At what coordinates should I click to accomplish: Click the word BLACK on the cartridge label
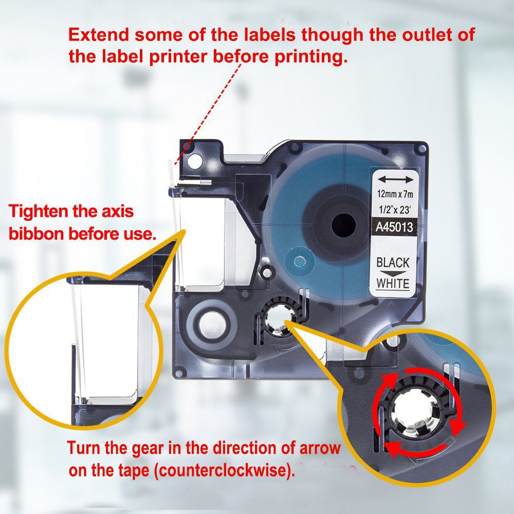click(x=393, y=263)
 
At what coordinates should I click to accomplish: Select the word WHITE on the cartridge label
click(x=393, y=283)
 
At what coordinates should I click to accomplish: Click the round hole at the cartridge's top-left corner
click(x=194, y=162)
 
